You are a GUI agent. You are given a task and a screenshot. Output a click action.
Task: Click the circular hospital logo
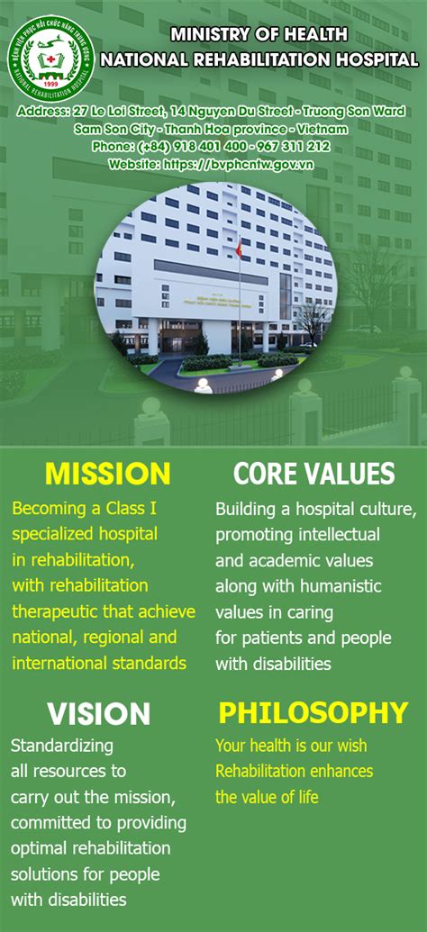click(x=50, y=57)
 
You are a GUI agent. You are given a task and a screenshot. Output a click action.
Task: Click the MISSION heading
click(x=107, y=474)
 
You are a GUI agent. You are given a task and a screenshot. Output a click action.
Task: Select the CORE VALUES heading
click(x=313, y=474)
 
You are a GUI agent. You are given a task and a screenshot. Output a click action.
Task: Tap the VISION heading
click(x=98, y=714)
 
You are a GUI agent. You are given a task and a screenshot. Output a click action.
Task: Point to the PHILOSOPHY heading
click(x=313, y=713)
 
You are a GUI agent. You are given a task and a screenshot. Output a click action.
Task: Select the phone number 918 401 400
click(x=211, y=146)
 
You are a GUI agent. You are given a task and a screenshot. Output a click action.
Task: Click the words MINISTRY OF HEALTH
click(x=259, y=35)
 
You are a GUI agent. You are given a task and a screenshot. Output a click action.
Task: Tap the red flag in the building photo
click(x=239, y=247)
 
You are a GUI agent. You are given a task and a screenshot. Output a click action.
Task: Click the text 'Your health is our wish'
click(x=291, y=746)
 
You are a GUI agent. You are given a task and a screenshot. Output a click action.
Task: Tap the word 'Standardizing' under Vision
click(x=62, y=746)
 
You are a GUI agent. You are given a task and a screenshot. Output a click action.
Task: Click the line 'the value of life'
click(x=267, y=797)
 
